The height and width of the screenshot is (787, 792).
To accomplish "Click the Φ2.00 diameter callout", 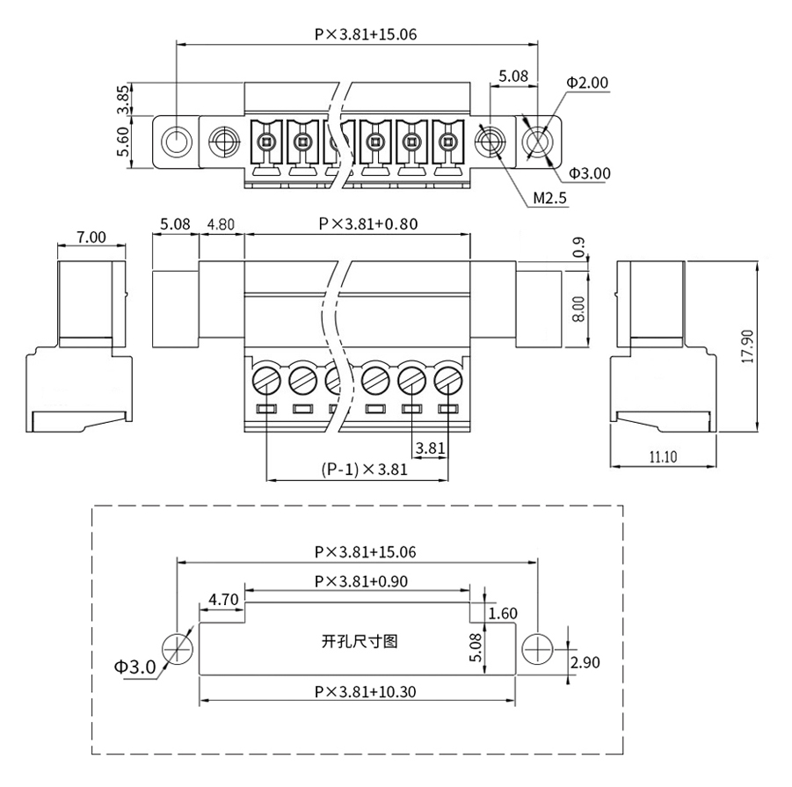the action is click(x=587, y=83).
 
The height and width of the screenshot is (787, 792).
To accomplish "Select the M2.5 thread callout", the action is click(x=550, y=198).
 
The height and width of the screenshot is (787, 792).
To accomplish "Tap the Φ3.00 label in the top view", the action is click(x=590, y=173).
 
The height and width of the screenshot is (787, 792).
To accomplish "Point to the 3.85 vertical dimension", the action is click(x=123, y=99).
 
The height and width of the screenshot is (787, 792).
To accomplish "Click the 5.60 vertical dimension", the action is click(x=123, y=142).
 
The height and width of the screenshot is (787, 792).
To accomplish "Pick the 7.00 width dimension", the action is click(x=91, y=237).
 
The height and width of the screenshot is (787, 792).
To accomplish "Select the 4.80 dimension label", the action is click(x=221, y=223).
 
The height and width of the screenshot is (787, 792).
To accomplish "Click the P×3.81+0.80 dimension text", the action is click(x=368, y=223).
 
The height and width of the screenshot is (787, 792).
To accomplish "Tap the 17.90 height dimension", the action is click(x=747, y=346).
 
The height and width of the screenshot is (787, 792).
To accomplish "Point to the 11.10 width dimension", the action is click(x=663, y=457).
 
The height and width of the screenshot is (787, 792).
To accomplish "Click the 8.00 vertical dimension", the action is click(x=579, y=310).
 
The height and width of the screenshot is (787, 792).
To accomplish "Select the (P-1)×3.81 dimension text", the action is click(x=364, y=470).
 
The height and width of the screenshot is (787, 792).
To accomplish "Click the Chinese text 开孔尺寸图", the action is click(x=360, y=642).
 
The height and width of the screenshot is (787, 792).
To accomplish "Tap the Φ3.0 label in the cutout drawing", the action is click(x=134, y=667).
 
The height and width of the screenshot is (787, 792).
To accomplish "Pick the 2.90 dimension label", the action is click(x=585, y=662).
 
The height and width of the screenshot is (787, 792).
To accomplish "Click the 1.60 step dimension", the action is click(x=503, y=613).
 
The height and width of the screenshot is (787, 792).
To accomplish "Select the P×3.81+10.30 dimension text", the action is click(x=365, y=691).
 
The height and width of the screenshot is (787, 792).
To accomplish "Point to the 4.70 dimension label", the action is click(x=223, y=600).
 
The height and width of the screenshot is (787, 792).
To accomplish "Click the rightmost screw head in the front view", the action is click(x=448, y=381).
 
